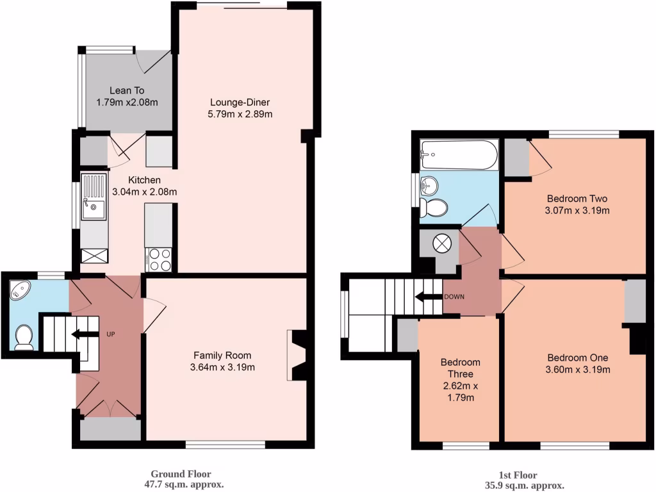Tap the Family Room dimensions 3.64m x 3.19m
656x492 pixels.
[223, 368]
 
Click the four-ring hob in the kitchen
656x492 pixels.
[160, 259]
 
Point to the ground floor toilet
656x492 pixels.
[24, 337]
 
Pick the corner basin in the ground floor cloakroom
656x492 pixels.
[20, 291]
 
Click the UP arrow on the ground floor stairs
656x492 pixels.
[80, 334]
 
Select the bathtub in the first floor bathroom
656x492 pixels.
[459, 154]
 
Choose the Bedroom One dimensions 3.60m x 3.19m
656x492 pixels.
[577, 370]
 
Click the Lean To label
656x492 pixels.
[126, 90]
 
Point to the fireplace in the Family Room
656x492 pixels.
[296, 355]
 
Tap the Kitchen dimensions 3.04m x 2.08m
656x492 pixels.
[144, 191]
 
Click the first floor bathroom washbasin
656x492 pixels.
[429, 185]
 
